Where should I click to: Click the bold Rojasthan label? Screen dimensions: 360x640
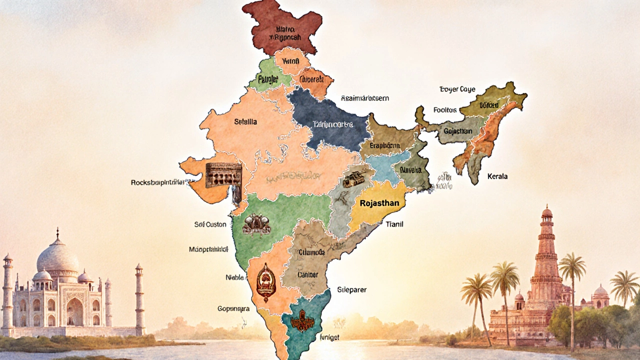378,203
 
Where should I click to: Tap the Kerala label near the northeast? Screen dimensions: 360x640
497,176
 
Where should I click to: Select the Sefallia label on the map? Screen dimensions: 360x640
245,121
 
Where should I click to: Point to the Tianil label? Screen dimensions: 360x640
394,224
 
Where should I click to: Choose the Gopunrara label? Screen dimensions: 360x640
233,309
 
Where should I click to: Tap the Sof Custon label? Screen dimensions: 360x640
210,224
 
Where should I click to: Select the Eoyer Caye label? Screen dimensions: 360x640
457,89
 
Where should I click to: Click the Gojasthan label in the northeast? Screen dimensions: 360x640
458,131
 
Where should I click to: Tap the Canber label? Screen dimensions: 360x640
308,274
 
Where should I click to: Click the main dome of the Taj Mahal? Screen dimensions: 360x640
57,255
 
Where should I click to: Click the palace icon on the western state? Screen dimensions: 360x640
223,175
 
